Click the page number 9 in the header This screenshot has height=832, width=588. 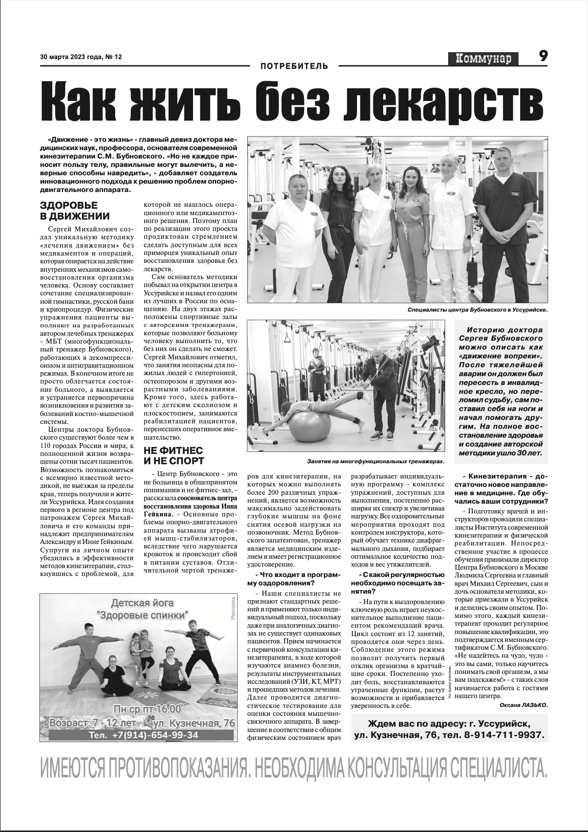coord(543,57)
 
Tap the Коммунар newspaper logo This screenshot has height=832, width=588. coord(484,59)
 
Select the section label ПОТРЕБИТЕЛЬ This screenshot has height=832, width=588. coord(294,66)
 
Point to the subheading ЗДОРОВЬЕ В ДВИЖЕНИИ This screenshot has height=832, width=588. coord(75,211)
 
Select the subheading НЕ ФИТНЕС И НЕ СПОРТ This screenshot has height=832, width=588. coord(173,456)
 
